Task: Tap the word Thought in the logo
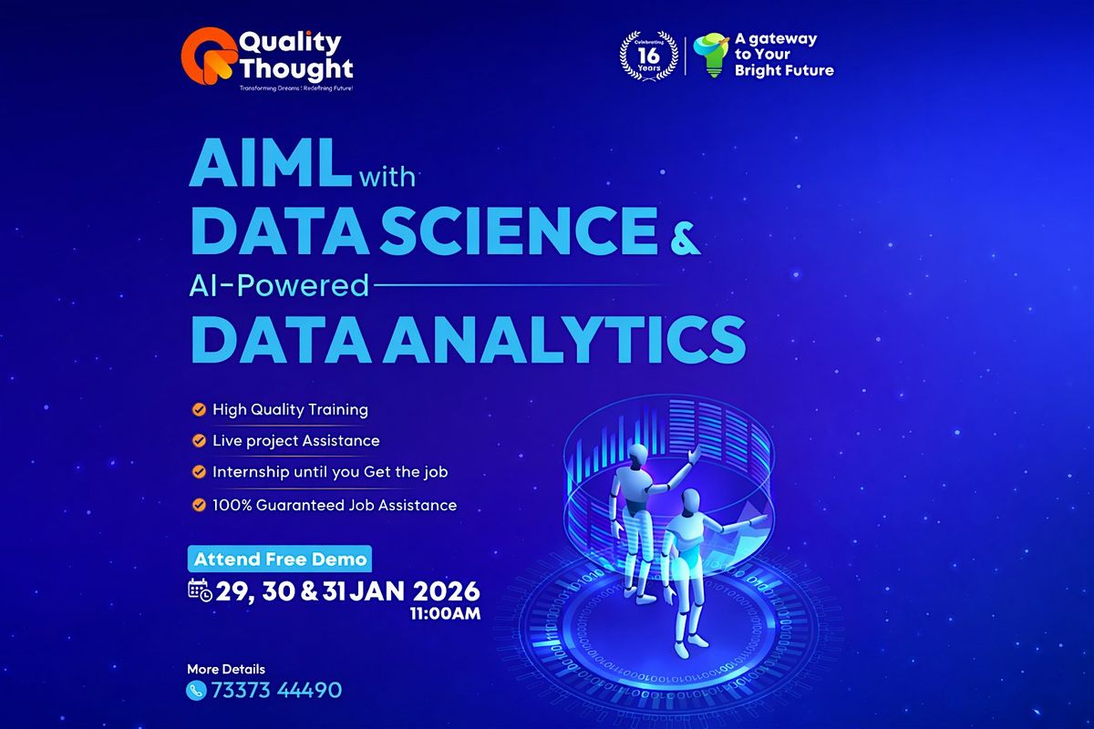pos(295,67)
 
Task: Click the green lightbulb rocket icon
pos(709,56)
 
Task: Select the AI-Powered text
pos(279,286)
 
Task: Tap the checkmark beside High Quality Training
pos(198,409)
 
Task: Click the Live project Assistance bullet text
pos(295,441)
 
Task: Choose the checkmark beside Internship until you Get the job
pos(198,472)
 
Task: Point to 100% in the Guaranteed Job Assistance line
pos(232,504)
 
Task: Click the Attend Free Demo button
pos(280,559)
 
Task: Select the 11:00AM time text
pos(447,613)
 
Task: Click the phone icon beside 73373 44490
pos(196,690)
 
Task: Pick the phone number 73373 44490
pos(276,690)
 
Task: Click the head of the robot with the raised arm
pos(630,447)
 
